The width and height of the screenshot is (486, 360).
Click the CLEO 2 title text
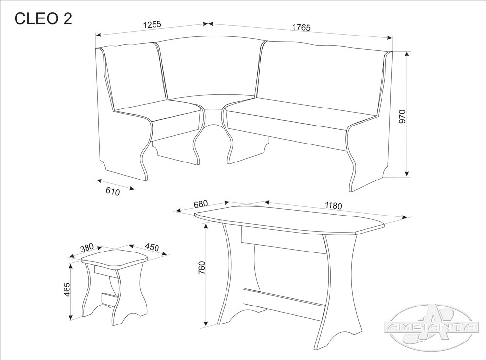coord(43,18)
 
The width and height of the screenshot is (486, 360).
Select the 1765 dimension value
coord(301,27)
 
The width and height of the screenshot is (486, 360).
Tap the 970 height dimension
coord(402,117)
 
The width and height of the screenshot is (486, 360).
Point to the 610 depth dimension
coord(113,192)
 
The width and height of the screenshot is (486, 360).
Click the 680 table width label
coord(200,204)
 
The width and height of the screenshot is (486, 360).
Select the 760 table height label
coord(202,268)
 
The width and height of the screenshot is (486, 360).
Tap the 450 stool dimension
coord(152,247)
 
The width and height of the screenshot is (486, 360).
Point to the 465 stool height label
coord(68,289)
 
